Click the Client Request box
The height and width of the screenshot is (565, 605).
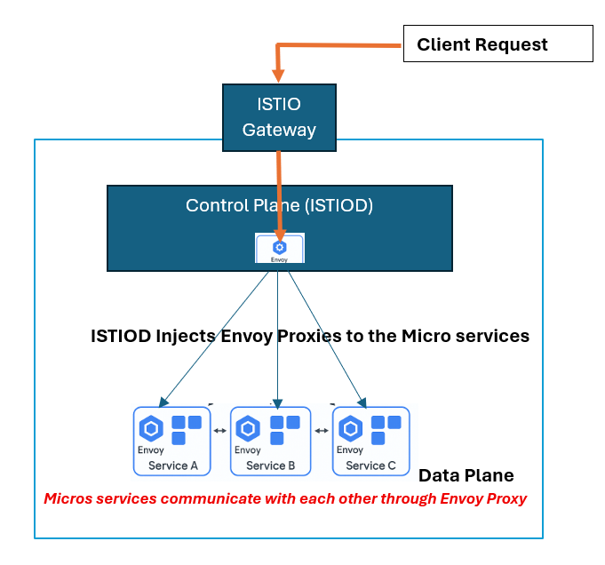(498, 44)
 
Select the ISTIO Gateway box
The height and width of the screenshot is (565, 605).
(279, 117)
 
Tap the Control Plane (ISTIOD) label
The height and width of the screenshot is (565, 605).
(279, 205)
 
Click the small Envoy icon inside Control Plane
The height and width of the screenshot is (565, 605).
(280, 248)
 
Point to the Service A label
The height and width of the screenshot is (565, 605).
(173, 466)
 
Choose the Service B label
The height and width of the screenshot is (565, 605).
(270, 466)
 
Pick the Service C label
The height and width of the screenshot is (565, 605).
(370, 466)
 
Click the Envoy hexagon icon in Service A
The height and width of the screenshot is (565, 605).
(151, 428)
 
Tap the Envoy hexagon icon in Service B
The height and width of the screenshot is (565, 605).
(248, 428)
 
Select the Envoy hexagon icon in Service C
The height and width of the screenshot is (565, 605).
(350, 428)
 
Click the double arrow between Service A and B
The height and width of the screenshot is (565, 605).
(220, 431)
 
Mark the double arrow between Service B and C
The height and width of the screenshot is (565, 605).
(322, 431)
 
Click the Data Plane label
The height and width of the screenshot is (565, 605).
(466, 475)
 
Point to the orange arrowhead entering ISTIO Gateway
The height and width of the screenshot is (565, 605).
(278, 76)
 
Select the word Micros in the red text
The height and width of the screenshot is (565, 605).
(68, 498)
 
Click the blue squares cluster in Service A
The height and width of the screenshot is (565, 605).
(187, 430)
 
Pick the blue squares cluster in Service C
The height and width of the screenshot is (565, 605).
(386, 430)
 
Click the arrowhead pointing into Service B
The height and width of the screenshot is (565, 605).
(277, 404)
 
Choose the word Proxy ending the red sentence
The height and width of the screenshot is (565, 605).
(506, 499)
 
